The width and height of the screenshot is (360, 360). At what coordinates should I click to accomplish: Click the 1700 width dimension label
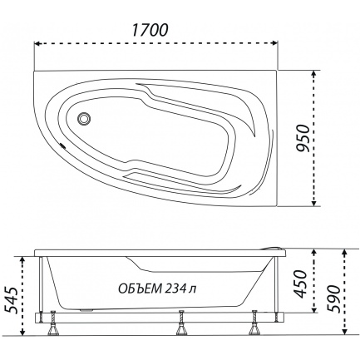150,30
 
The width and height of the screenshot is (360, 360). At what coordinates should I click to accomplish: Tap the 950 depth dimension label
303,139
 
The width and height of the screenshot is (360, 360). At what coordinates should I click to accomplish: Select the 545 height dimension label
12,300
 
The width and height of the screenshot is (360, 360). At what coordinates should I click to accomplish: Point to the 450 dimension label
300,284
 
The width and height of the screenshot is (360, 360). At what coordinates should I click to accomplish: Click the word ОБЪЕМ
140,288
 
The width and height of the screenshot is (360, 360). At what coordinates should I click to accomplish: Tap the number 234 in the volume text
175,288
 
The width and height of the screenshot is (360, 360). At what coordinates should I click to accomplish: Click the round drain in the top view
84,119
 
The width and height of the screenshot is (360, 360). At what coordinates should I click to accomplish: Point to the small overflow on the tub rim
62,145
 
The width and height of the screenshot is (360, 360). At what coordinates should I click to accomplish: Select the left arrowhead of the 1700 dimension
37,43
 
